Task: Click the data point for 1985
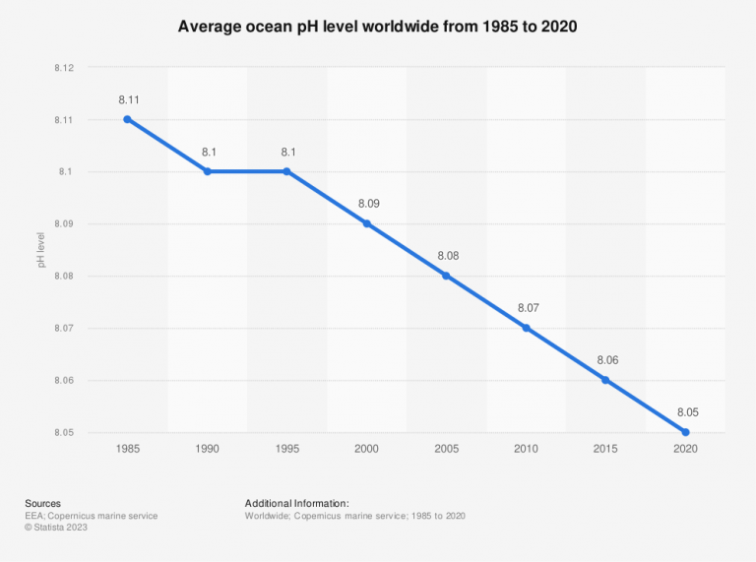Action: [x=127, y=119]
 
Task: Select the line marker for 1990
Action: [x=207, y=171]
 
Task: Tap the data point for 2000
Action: [x=366, y=223]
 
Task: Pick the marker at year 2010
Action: [x=526, y=328]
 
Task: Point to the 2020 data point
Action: [x=685, y=432]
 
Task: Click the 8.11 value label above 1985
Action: [x=127, y=100]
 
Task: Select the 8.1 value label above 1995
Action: [x=286, y=153]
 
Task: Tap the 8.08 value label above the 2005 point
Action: [x=446, y=257]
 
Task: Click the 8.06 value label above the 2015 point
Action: [x=605, y=361]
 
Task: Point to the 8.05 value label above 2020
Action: [x=685, y=413]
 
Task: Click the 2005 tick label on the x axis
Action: [x=446, y=449]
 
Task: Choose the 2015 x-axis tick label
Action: [x=605, y=449]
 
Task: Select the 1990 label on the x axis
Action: [x=207, y=449]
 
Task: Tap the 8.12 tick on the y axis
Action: [x=64, y=68]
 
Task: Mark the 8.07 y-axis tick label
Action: [x=64, y=329]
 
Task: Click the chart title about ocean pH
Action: [x=377, y=27]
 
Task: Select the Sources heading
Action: [x=43, y=503]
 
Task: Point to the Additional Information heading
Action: [x=297, y=503]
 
